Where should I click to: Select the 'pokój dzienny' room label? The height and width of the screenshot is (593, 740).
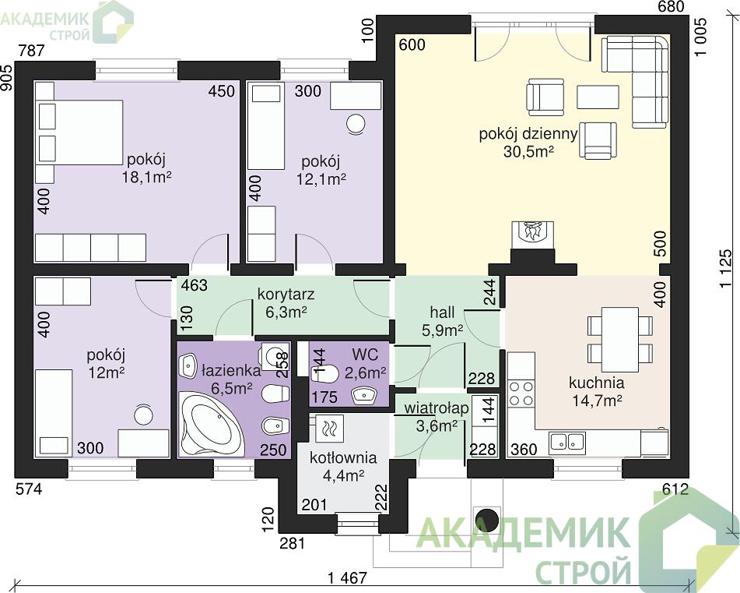pyautogui.click(x=528, y=134)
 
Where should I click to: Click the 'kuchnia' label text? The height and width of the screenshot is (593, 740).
pyautogui.click(x=597, y=383)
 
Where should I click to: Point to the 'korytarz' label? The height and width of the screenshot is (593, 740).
pyautogui.click(x=286, y=295)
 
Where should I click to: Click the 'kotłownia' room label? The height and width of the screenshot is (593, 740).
pyautogui.click(x=343, y=458)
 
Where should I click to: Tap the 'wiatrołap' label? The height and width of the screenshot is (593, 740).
pyautogui.click(x=437, y=408)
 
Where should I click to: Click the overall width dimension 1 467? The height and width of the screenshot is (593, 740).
pyautogui.click(x=347, y=577)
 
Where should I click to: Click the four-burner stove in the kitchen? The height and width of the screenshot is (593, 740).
pyautogui.click(x=521, y=394)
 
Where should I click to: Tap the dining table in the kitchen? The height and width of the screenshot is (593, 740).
pyautogui.click(x=620, y=340)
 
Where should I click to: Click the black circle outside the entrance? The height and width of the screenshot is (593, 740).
pyautogui.click(x=486, y=521)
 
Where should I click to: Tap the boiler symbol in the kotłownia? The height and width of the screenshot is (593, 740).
pyautogui.click(x=329, y=429)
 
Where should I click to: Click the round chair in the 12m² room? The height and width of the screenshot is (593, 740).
pyautogui.click(x=143, y=415)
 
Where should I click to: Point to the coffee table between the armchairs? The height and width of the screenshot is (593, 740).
pyautogui.click(x=598, y=97)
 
